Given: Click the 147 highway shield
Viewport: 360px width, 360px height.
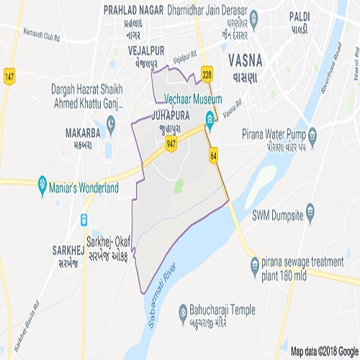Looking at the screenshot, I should pyautogui.click(x=9, y=77).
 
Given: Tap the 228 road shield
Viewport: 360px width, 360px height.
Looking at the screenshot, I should pyautogui.click(x=207, y=74).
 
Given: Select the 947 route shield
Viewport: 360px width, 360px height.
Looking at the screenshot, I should pyautogui.click(x=171, y=145).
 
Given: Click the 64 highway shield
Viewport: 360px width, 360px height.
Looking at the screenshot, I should pyautogui.click(x=214, y=155).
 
